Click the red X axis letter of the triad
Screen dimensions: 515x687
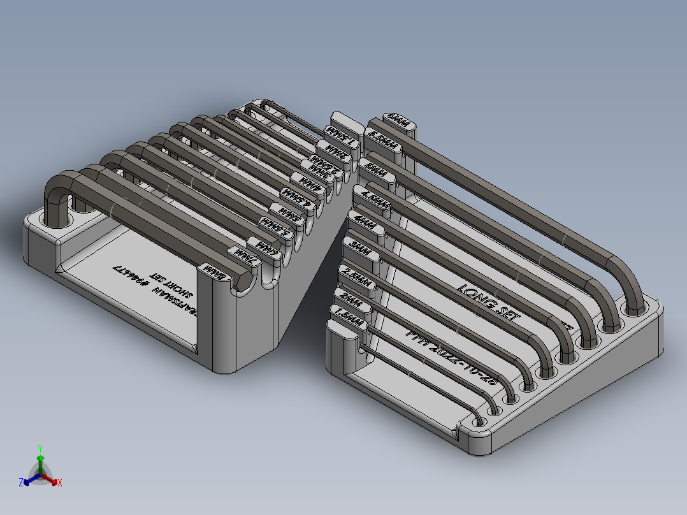pyautogui.click(x=60, y=483)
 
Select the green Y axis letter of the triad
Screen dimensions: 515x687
pyautogui.click(x=40, y=447)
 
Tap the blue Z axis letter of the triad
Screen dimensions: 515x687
pyautogui.click(x=20, y=483)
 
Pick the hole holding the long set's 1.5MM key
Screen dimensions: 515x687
pyautogui.click(x=479, y=423)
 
